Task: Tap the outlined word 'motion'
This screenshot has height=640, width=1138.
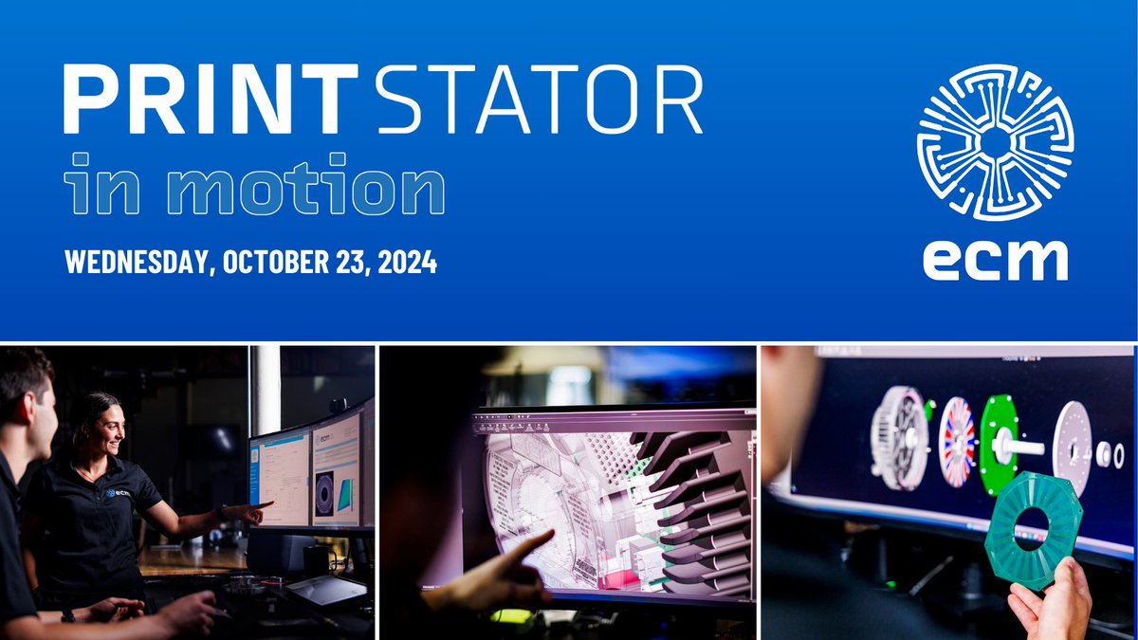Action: (x=313, y=190)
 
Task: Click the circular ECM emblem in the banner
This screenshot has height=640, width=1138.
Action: (x=995, y=142)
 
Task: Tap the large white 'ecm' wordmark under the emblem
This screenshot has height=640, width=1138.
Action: (x=995, y=257)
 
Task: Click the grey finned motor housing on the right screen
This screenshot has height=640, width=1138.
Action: (x=899, y=437)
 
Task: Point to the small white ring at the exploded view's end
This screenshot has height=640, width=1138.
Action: (x=1105, y=455)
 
